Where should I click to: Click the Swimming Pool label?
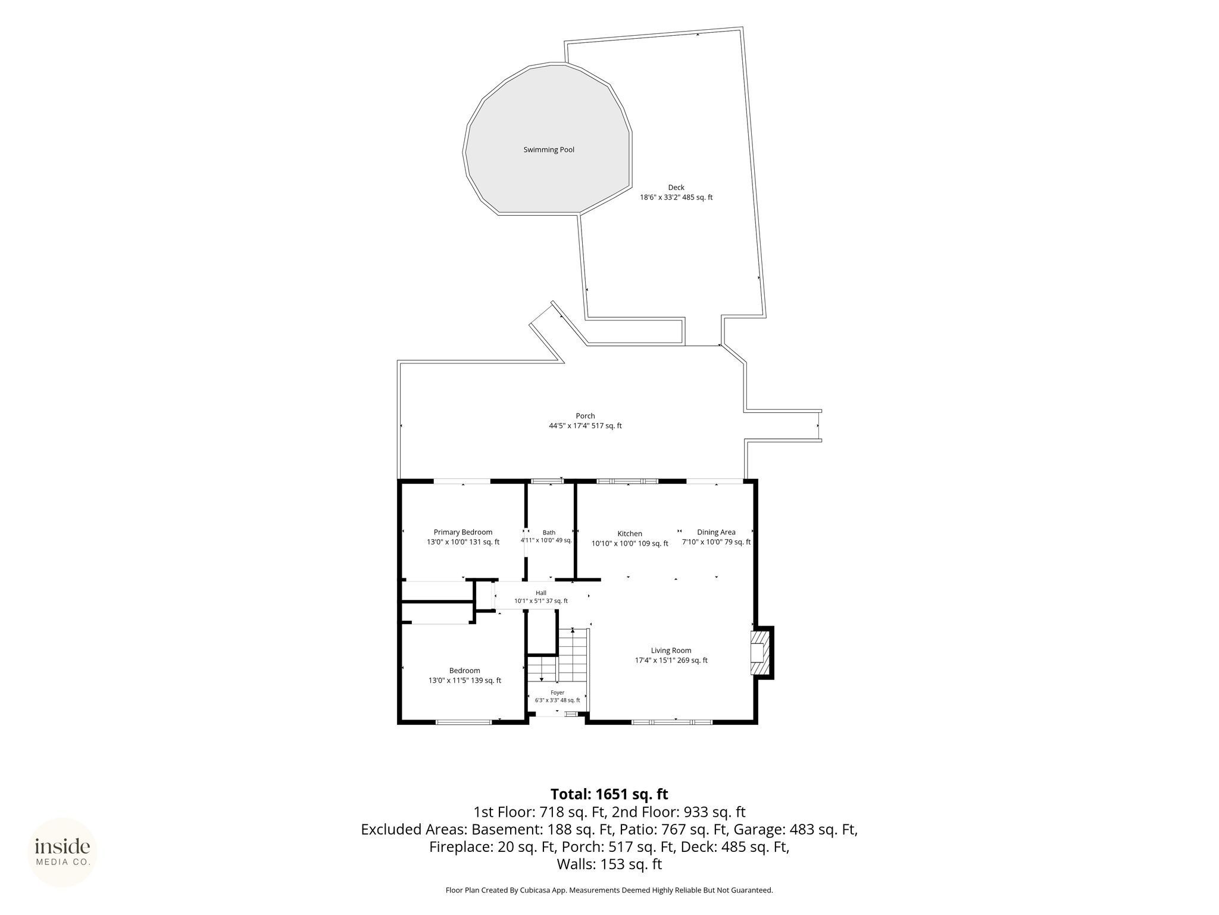tap(549, 150)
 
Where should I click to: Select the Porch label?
tap(585, 416)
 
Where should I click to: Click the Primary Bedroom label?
tap(463, 532)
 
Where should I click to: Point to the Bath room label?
tap(549, 533)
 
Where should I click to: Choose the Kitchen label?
tap(630, 534)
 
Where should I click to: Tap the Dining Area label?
tap(716, 532)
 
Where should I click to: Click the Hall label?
tap(541, 593)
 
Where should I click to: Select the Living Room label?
tap(671, 651)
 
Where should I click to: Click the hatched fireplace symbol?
tap(759, 653)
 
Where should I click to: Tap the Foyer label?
tap(557, 693)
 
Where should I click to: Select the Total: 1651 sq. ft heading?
tap(609, 794)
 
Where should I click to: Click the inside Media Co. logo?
tap(62, 852)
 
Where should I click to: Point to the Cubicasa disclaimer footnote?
tap(609, 890)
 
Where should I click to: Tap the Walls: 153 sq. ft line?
tap(609, 864)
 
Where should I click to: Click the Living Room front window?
tap(672, 722)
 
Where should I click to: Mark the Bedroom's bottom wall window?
tap(464, 722)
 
